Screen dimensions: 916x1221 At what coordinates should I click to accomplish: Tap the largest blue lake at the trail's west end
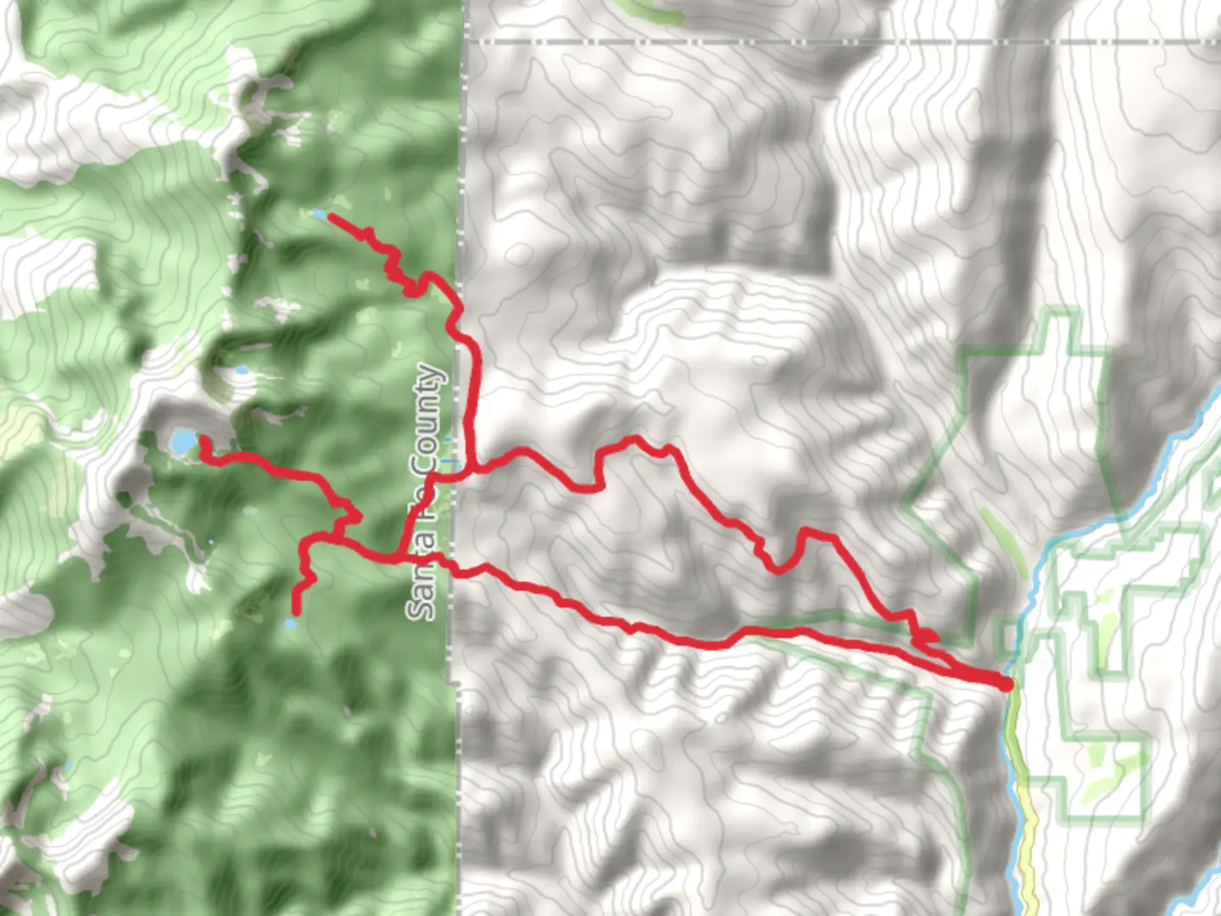182,441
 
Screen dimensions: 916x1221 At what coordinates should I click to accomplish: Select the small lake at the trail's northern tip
319,215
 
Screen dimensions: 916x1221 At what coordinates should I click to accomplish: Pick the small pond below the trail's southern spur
291,624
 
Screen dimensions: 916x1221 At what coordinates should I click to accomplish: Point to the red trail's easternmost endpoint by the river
1007,684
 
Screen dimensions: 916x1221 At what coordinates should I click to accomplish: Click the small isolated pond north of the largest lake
242,371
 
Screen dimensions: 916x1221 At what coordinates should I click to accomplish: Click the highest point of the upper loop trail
632,439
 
